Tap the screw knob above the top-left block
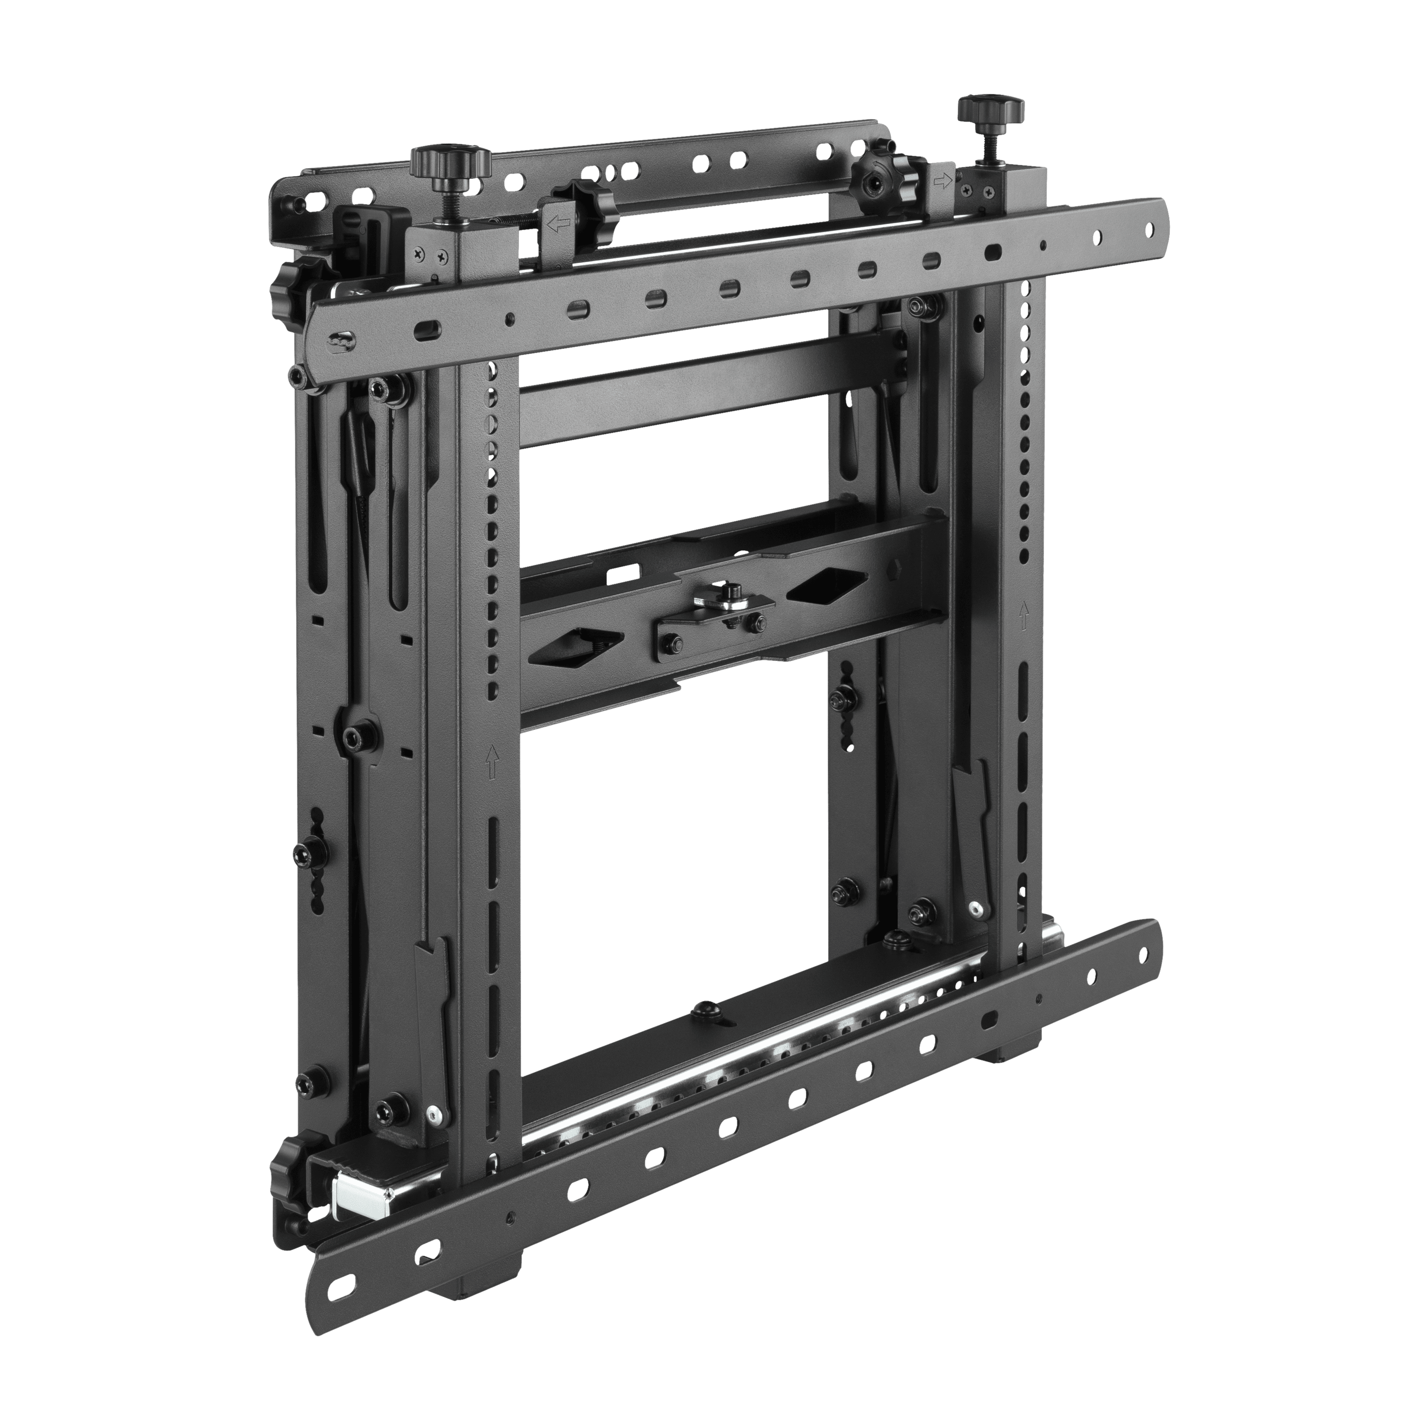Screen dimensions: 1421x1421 (x=450, y=160)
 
